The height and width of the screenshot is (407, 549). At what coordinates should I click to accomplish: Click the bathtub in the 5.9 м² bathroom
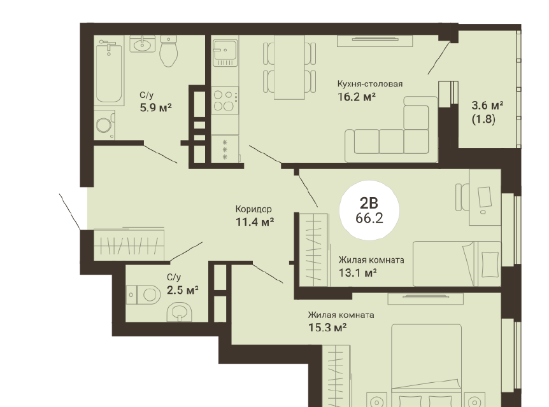coord(109,72)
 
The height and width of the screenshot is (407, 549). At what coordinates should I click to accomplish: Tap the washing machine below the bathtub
coord(104,125)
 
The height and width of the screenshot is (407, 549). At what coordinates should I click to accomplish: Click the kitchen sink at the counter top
coord(225,53)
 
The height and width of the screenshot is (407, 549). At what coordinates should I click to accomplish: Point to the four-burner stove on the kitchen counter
coord(225,100)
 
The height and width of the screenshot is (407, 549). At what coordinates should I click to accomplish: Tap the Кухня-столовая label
coord(370,84)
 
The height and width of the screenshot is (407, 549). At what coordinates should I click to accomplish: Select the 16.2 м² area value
coord(357,97)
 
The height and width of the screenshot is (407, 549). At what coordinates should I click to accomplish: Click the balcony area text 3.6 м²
coord(487,105)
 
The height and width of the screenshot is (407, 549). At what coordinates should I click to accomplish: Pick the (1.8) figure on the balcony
coord(483,120)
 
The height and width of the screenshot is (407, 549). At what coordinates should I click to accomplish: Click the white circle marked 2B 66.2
coord(369,210)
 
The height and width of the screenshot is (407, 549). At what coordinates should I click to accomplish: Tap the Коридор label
coord(253,209)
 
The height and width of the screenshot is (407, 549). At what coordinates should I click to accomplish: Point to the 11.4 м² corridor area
coord(255,222)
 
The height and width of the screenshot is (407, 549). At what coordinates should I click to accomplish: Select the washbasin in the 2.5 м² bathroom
coord(180,312)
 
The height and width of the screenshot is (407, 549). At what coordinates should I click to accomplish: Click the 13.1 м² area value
coord(357,273)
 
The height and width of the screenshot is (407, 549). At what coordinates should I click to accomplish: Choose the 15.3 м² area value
coord(327,328)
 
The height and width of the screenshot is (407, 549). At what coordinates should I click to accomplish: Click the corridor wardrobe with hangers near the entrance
coord(129,244)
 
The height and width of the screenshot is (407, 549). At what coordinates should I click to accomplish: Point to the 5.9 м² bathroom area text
coord(156,107)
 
